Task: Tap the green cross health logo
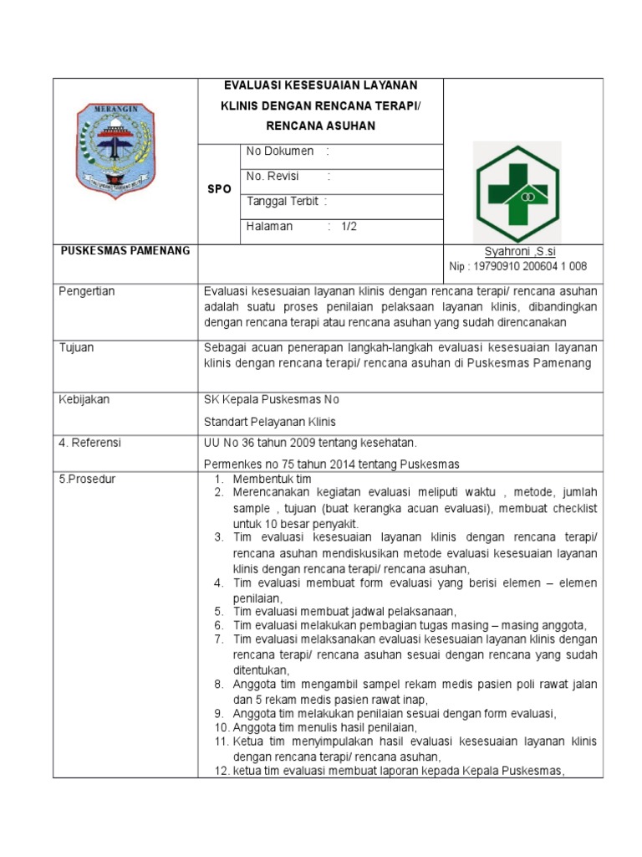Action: click(x=517, y=192)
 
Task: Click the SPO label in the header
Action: click(x=219, y=189)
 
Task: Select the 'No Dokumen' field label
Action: click(x=279, y=151)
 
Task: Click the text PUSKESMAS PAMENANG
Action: click(x=125, y=250)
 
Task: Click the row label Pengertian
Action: click(x=87, y=291)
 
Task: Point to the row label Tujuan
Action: click(x=76, y=347)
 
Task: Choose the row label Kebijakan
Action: click(x=84, y=399)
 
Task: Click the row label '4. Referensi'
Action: click(x=89, y=443)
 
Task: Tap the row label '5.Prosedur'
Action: click(x=87, y=479)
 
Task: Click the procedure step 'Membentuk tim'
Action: click(x=272, y=479)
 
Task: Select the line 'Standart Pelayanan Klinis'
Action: click(x=271, y=421)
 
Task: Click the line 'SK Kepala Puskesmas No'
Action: click(x=272, y=399)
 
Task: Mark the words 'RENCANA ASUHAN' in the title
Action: click(x=321, y=126)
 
